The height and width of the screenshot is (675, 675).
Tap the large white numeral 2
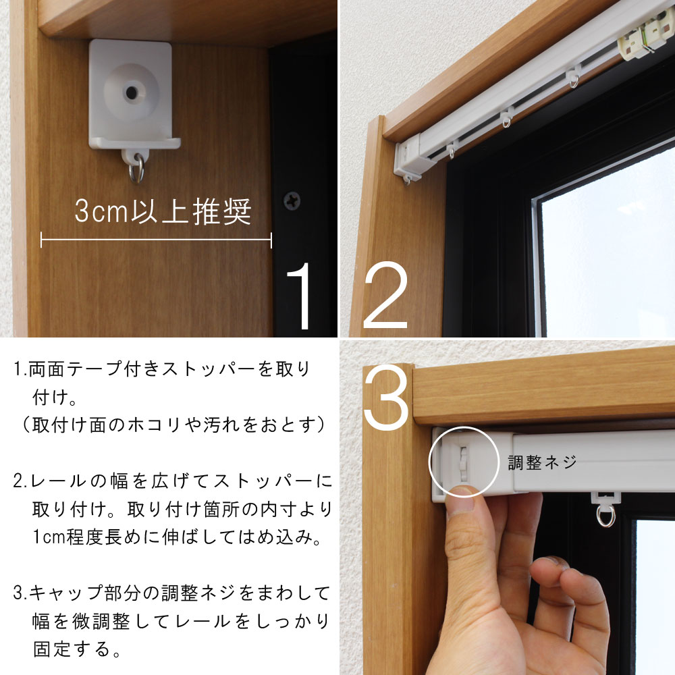click(386, 297)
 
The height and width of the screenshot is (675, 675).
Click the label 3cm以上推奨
click(163, 212)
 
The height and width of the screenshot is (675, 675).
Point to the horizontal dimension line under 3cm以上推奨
click(156, 240)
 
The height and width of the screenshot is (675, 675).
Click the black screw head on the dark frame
click(292, 200)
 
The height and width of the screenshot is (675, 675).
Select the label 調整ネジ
click(543, 462)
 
